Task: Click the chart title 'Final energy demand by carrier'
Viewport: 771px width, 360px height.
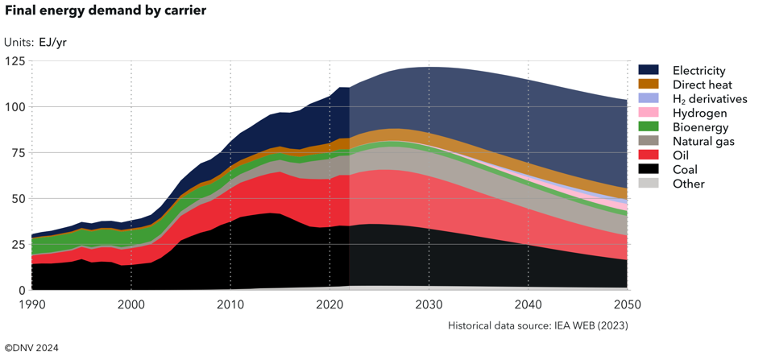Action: [x=106, y=11]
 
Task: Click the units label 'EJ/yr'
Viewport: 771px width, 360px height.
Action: [x=52, y=42]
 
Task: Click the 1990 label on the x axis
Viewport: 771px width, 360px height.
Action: [x=31, y=304]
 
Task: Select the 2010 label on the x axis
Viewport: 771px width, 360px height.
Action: [x=230, y=304]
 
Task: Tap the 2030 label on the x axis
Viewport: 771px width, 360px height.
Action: [x=429, y=304]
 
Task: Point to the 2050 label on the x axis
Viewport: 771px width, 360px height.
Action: [x=628, y=304]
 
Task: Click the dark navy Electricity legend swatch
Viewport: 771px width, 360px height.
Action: [x=649, y=71]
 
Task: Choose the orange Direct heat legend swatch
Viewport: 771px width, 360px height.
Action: [x=649, y=85]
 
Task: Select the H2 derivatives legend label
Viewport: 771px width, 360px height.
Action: [x=709, y=99]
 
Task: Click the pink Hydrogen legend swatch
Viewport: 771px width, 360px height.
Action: [x=649, y=113]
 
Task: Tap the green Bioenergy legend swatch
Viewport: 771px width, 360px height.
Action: [x=649, y=127]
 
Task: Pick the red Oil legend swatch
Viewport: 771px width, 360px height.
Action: [x=649, y=155]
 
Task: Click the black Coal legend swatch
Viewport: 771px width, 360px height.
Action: [x=649, y=169]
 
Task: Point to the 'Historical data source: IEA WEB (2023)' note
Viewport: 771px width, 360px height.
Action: [x=537, y=326]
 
